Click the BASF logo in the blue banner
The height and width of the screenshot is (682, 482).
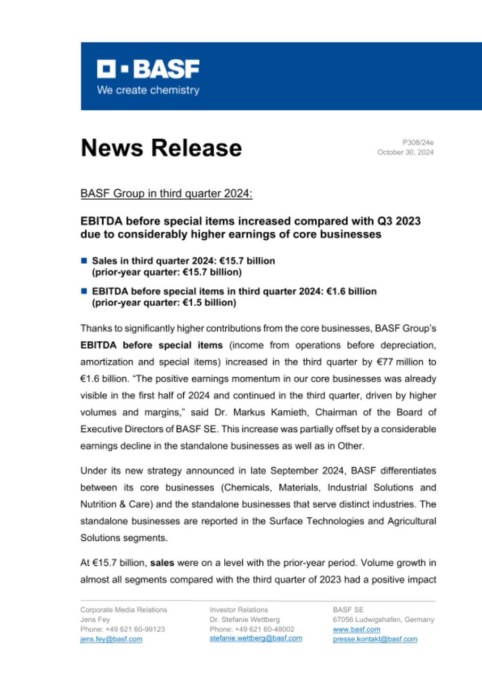(148, 69)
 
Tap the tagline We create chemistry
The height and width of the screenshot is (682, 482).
(148, 90)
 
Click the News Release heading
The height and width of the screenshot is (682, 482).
(161, 148)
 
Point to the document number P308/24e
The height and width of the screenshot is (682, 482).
(418, 143)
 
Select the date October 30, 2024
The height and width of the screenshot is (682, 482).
(405, 152)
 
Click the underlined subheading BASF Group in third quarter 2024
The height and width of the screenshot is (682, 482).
(167, 193)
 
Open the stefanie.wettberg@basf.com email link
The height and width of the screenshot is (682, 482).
(256, 638)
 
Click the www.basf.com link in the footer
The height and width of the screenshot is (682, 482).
(349, 629)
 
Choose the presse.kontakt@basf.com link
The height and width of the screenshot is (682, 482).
(375, 639)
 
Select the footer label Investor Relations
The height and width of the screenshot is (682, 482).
(239, 610)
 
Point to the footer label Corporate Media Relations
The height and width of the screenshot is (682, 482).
(123, 610)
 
